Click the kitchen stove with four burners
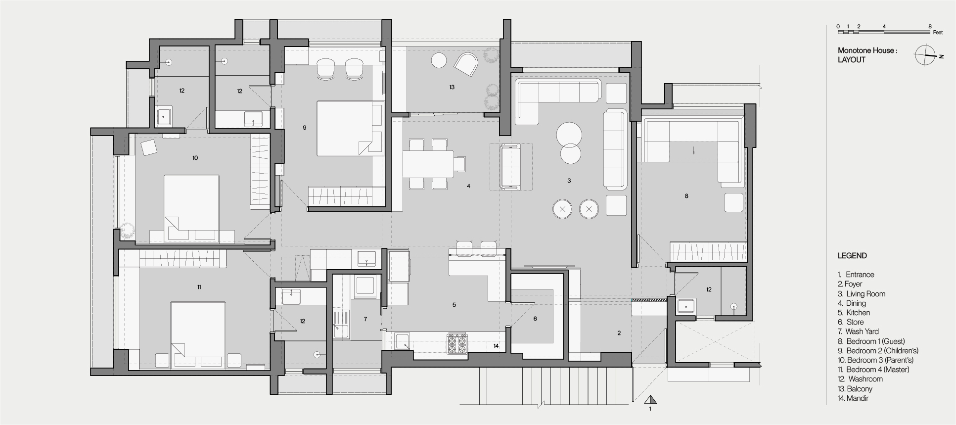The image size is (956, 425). point(457,344)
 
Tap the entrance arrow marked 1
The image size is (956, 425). point(650,400)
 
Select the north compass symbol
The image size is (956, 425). point(924,55)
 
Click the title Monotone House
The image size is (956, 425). point(867,50)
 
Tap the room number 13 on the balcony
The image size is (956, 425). point(452,87)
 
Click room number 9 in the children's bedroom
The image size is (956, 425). point(305,128)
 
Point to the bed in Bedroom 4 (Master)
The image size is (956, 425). point(198,334)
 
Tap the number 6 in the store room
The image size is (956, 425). point(535,319)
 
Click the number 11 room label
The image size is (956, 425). point(199,287)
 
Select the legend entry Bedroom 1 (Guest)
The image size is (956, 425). point(875,341)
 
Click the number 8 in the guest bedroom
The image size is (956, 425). point(686,196)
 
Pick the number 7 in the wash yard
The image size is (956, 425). point(365,319)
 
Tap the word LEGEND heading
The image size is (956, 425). point(852,256)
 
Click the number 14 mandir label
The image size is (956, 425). point(496,346)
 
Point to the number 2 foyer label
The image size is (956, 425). point(619,333)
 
